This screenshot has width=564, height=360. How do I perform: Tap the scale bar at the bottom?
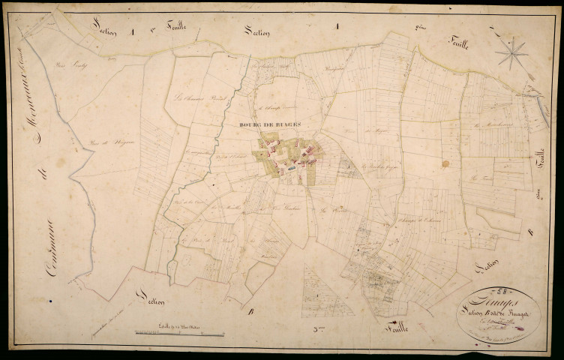click(180, 331)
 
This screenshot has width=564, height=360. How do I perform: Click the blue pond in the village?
click(288, 169)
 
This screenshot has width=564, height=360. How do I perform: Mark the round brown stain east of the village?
click(446, 163)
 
